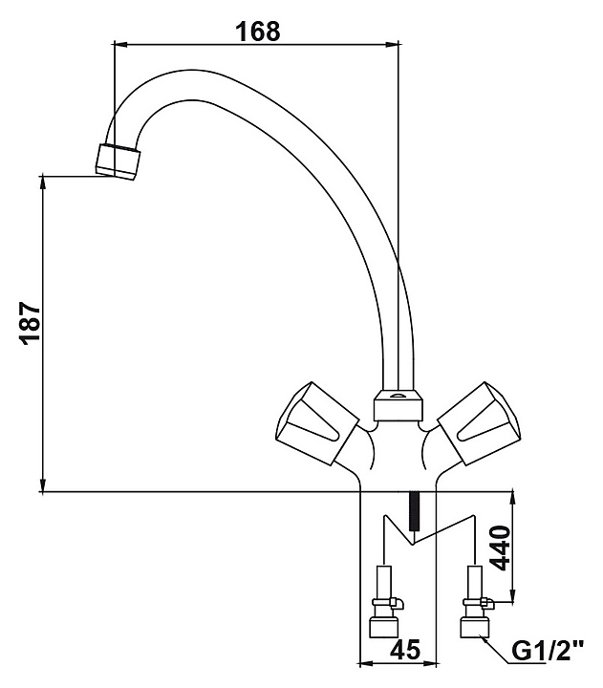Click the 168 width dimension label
tap(259, 31)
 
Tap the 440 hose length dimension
tap(504, 548)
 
